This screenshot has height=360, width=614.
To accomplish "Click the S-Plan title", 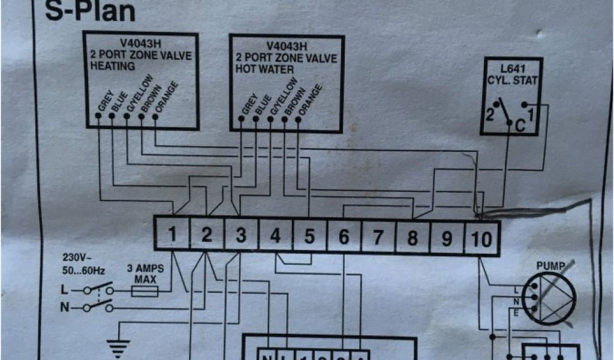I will click(x=90, y=12).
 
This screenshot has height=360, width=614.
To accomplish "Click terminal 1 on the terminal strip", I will click(x=172, y=235).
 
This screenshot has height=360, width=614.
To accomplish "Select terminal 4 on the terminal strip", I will click(x=275, y=235).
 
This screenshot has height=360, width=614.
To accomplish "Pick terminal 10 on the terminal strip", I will click(x=481, y=239).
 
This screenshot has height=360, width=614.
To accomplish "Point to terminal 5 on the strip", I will click(x=309, y=236).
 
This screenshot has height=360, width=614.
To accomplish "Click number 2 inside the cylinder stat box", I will click(x=489, y=116).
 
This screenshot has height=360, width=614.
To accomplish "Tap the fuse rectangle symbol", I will click(x=145, y=292).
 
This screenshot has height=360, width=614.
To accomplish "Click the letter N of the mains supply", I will click(x=65, y=308).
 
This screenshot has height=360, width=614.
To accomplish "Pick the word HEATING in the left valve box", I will click(x=113, y=66).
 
